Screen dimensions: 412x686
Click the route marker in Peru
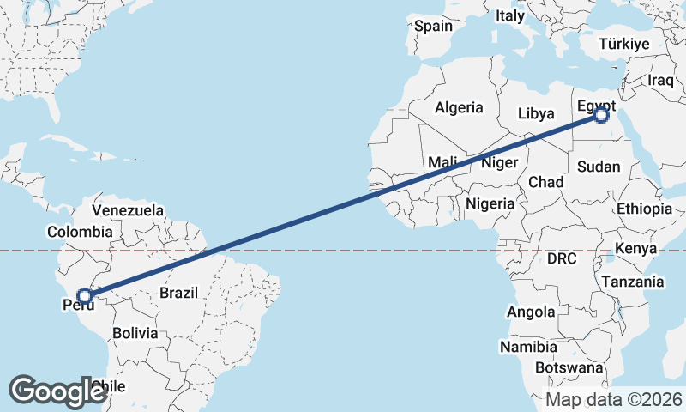84,296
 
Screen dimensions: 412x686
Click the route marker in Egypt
601,114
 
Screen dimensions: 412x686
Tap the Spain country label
433,26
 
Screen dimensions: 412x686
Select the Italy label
509,15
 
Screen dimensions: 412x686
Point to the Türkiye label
624,44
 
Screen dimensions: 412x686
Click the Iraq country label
661,80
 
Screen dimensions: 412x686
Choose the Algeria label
459,108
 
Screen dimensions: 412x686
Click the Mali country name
442,162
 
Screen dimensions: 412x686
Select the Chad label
546,182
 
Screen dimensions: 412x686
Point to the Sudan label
599,167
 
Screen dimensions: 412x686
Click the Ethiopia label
644,209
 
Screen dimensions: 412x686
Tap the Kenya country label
635,248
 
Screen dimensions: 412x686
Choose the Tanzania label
633,282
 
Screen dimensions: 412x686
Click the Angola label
531,312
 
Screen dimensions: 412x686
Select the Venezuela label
128,210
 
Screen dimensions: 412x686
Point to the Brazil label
179,293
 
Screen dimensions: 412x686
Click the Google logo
58,391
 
